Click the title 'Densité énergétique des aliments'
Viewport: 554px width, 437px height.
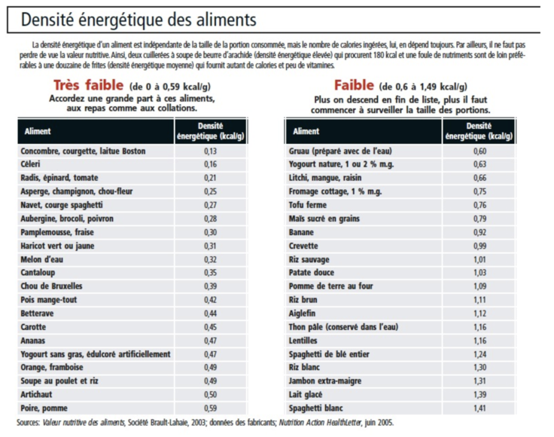[x=138, y=20]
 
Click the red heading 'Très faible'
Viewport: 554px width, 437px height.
[x=88, y=85]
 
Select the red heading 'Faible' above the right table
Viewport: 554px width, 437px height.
[x=354, y=85]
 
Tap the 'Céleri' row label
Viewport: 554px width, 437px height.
[x=30, y=164]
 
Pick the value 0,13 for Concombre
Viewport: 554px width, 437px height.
[x=211, y=151]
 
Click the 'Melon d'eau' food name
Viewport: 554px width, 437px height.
[x=41, y=259]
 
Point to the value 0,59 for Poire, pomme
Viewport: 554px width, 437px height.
[x=211, y=408]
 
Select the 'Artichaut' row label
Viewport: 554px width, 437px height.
[x=36, y=394]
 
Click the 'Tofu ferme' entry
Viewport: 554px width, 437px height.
[x=307, y=205]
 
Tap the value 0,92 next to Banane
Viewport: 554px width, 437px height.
[x=479, y=232]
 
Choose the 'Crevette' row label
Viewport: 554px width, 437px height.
[x=303, y=246]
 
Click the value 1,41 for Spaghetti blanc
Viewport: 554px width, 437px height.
[x=479, y=408]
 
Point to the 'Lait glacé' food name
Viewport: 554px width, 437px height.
[x=306, y=394]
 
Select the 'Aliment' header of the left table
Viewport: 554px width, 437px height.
[x=38, y=131]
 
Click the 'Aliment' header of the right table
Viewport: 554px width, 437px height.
[x=306, y=131]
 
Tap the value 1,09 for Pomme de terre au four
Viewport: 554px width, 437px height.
[x=479, y=286]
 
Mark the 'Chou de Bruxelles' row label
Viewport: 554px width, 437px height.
[x=52, y=286]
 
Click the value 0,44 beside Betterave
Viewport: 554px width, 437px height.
[x=211, y=313]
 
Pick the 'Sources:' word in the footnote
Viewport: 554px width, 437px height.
[x=28, y=423]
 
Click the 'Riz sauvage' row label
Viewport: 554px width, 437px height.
[x=309, y=259]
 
